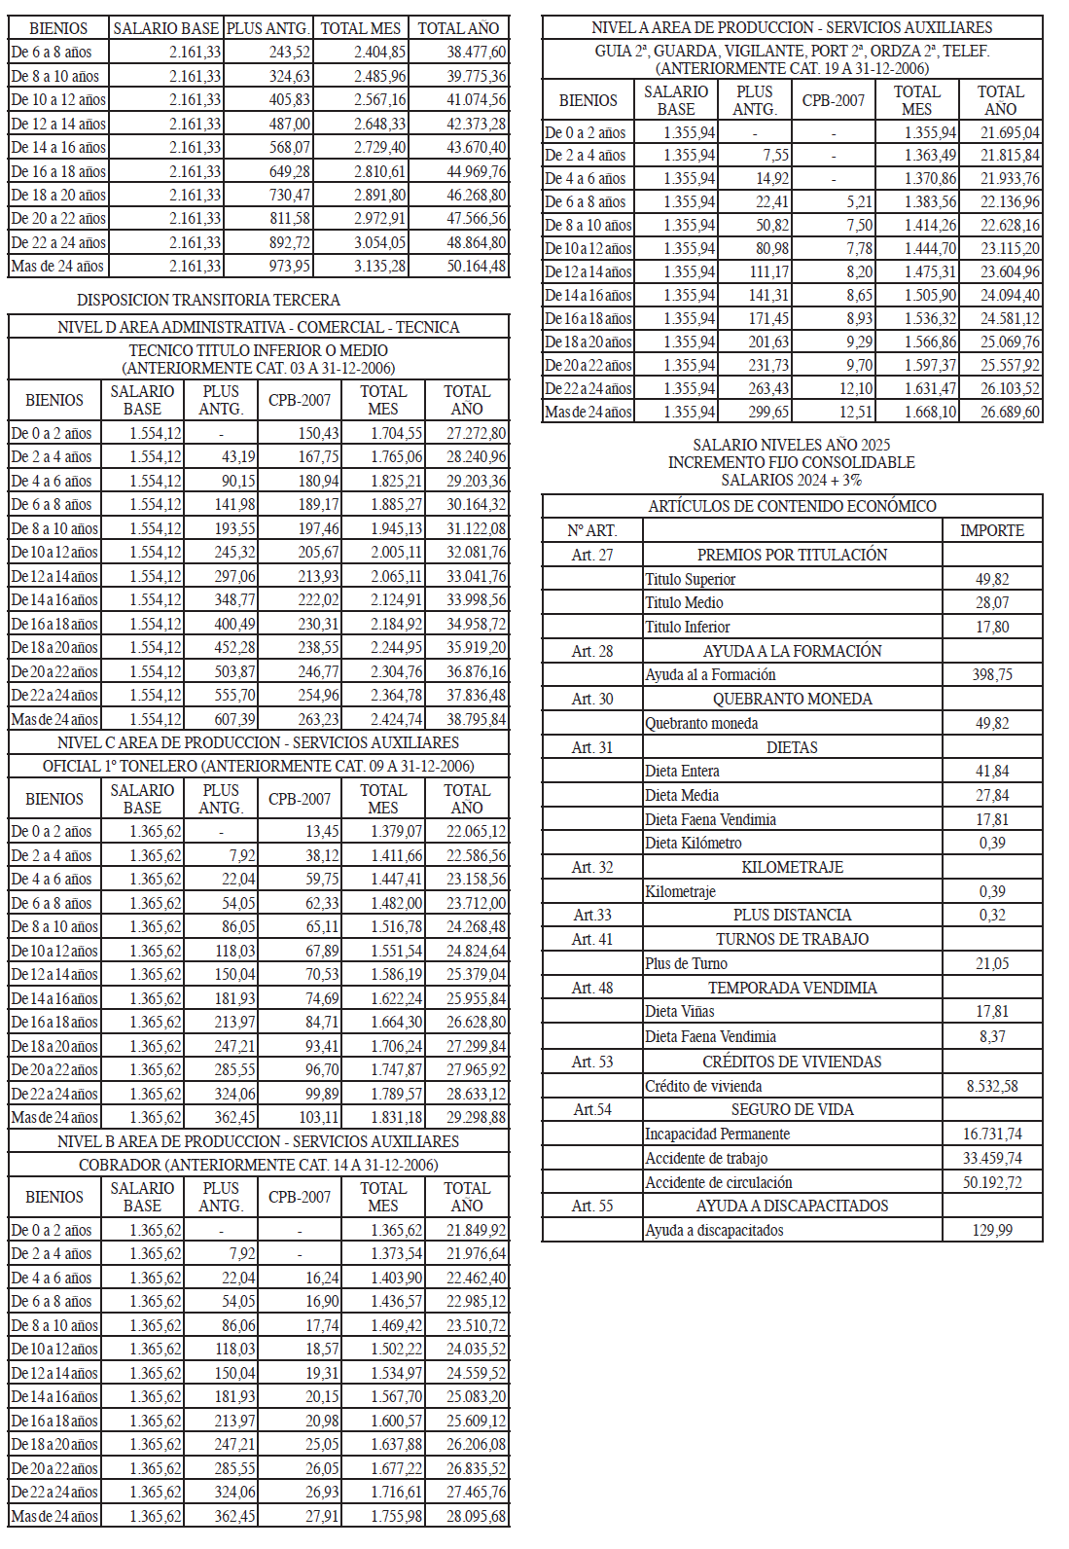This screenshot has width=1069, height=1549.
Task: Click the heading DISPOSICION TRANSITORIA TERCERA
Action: click(x=208, y=300)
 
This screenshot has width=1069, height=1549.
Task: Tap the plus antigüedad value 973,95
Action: click(x=290, y=266)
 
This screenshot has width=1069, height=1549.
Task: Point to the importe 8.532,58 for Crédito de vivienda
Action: click(x=992, y=1086)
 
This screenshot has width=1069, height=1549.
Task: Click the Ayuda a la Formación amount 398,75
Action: click(x=992, y=674)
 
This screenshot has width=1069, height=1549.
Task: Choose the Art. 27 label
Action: click(x=592, y=555)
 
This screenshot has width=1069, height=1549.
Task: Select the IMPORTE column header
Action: click(x=992, y=530)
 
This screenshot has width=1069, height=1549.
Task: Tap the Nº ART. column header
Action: click(x=592, y=530)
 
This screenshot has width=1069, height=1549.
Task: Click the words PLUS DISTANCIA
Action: click(x=792, y=915)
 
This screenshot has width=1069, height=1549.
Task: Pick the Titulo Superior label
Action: click(x=691, y=579)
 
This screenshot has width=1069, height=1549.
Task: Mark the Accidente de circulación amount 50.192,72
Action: click(x=992, y=1182)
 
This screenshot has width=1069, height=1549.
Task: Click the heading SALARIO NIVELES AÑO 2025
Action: click(x=792, y=445)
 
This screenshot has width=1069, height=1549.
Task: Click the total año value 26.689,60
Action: click(x=1010, y=412)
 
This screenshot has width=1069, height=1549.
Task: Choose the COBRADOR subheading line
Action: click(x=259, y=1165)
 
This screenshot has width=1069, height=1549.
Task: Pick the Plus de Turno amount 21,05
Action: click(x=992, y=963)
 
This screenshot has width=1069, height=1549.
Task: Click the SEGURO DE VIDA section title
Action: click(x=792, y=1109)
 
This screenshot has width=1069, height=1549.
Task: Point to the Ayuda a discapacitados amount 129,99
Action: click(x=992, y=1230)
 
